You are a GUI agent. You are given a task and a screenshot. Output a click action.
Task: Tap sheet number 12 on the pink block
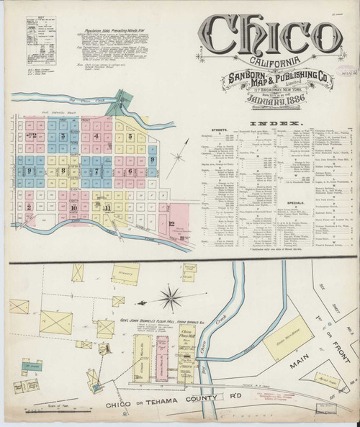(171, 223)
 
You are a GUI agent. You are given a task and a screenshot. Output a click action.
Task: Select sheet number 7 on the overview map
(96, 171)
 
